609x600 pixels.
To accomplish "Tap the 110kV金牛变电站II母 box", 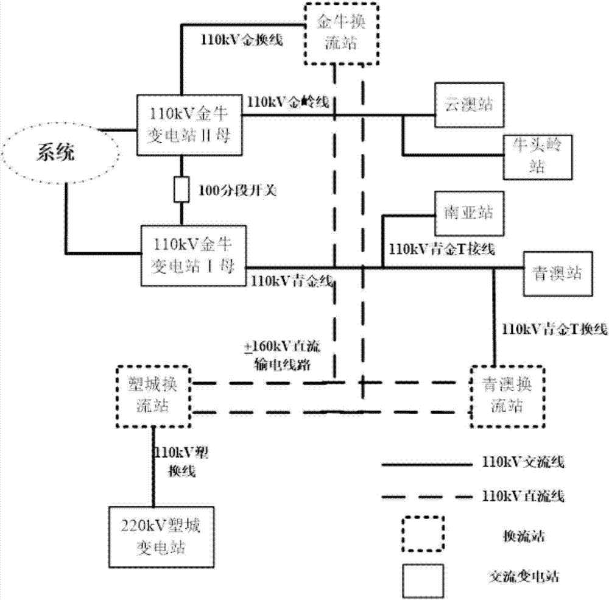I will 189,125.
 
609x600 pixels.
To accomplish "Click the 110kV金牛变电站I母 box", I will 192,255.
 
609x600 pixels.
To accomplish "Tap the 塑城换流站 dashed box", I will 153,396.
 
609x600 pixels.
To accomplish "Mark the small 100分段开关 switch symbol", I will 180,191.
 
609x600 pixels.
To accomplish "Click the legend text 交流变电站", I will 516,574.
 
